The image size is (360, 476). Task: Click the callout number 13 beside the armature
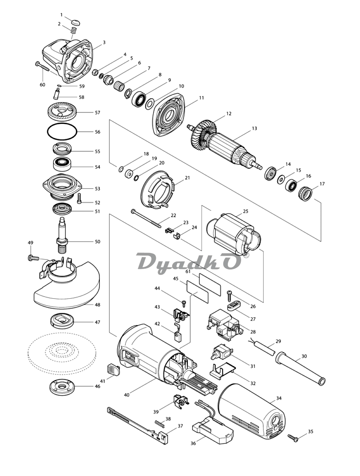tap(254, 128)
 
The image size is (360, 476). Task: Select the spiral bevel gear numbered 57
tap(62, 111)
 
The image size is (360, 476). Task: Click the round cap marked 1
tap(76, 22)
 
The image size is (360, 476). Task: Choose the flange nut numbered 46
tap(62, 387)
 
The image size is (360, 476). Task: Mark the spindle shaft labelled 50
tap(62, 235)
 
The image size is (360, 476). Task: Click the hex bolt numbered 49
tap(33, 258)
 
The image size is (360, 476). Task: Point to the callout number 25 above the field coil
tap(245, 211)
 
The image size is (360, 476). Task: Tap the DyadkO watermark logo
tap(188, 263)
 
